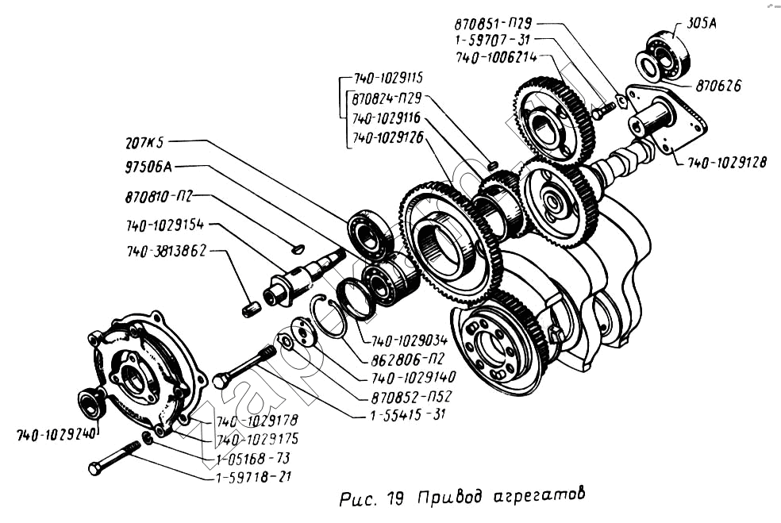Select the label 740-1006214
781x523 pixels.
click(497, 58)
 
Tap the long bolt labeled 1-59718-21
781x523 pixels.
click(115, 459)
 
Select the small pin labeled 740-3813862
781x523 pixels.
click(252, 307)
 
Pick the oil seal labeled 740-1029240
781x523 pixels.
click(90, 402)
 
